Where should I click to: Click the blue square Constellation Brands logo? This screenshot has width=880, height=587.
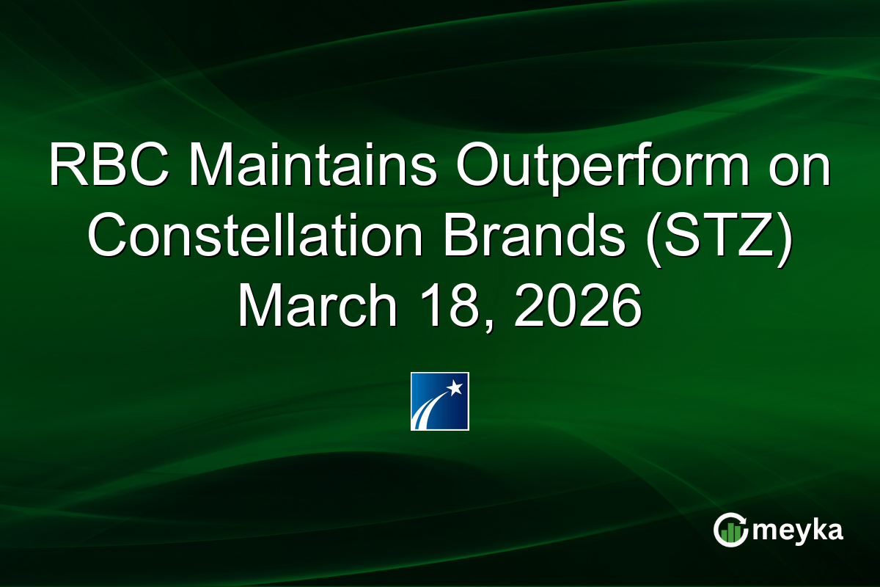(x=440, y=401)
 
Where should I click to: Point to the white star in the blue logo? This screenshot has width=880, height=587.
(x=456, y=386)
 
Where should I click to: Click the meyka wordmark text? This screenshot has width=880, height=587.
(x=799, y=531)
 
